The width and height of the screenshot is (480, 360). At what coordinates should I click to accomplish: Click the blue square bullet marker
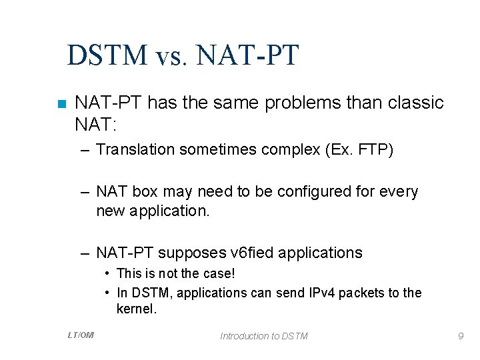(61, 104)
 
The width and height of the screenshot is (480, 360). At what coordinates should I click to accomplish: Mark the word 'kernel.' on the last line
(136, 309)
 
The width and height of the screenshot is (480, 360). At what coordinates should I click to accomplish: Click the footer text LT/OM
(81, 335)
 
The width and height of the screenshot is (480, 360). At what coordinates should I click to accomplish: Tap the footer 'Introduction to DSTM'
(264, 336)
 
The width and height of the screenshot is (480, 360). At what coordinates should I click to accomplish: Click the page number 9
(460, 336)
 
